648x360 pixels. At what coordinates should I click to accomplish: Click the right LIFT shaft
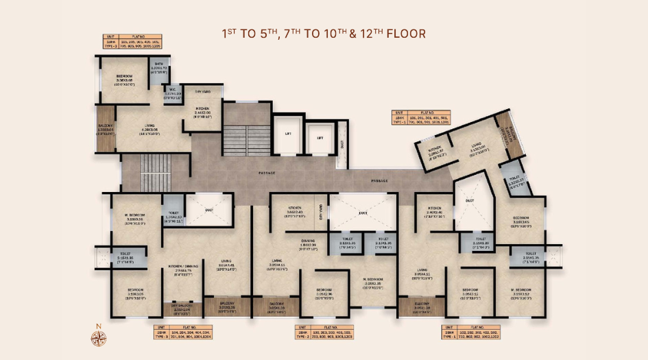[x=320, y=138]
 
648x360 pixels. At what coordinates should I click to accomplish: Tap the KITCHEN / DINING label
[x=182, y=268]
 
